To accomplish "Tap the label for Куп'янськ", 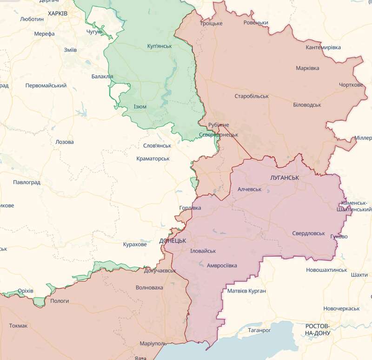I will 159,46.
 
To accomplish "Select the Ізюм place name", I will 140,106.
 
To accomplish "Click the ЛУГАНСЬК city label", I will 284,178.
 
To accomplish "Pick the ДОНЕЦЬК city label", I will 173,241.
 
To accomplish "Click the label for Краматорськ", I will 153,159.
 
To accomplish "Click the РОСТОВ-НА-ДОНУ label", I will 318,329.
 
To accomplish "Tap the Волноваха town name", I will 149,288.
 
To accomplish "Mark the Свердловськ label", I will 309,233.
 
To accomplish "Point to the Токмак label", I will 18,326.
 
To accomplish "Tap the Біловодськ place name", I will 307,105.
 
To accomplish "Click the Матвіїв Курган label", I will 246,291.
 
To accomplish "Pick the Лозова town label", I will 64,142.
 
